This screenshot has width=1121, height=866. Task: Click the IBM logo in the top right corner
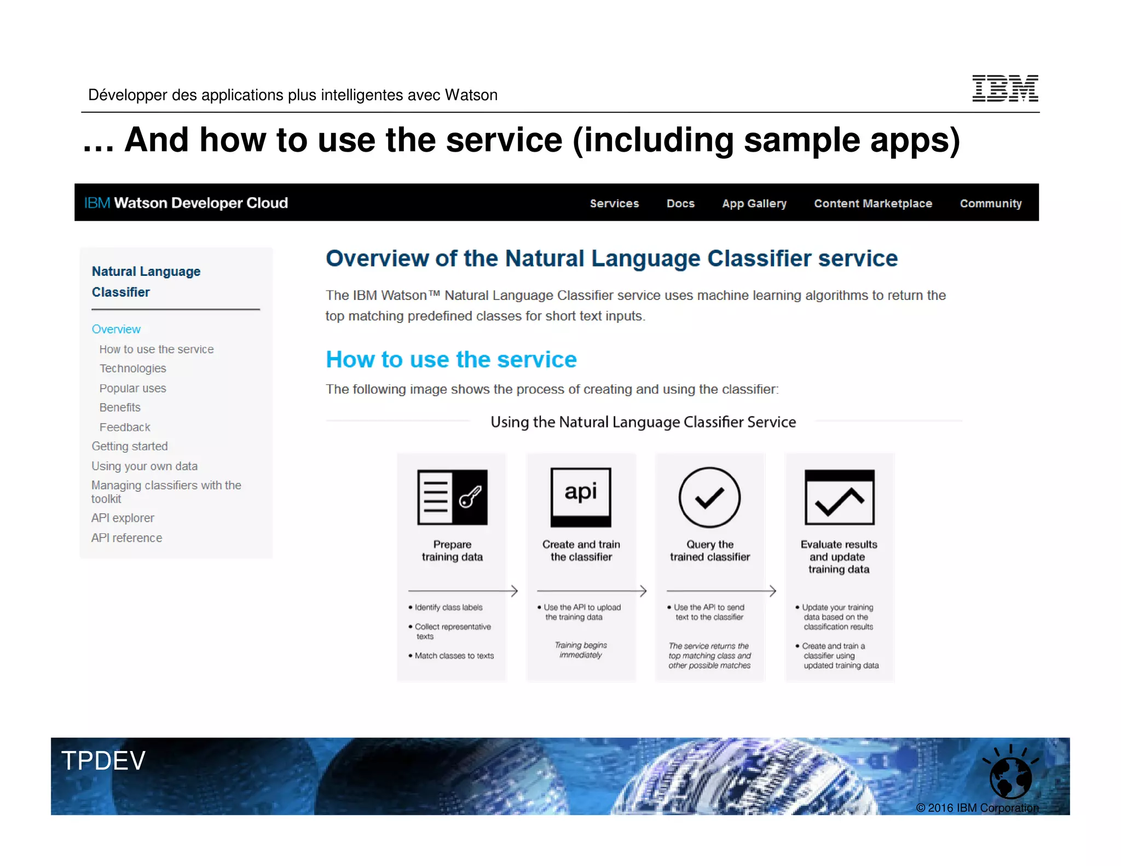pyautogui.click(x=1004, y=88)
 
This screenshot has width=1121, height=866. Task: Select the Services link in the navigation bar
pyautogui.click(x=614, y=204)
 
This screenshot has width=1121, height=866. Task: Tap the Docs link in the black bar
pyautogui.click(x=680, y=204)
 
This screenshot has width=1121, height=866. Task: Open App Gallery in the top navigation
pyautogui.click(x=754, y=204)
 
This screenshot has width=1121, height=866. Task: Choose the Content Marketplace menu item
pyautogui.click(x=872, y=204)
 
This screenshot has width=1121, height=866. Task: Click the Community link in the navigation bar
pyautogui.click(x=990, y=204)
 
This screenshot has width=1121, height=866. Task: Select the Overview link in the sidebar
pyautogui.click(x=116, y=329)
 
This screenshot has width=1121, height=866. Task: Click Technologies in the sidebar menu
pyautogui.click(x=132, y=368)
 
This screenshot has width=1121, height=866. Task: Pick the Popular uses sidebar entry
pyautogui.click(x=132, y=388)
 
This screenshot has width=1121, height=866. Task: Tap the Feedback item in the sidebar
pyautogui.click(x=125, y=427)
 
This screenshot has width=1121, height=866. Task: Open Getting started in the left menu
pyautogui.click(x=130, y=446)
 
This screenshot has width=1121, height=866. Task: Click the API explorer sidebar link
pyautogui.click(x=123, y=518)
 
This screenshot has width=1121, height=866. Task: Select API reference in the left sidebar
pyautogui.click(x=126, y=538)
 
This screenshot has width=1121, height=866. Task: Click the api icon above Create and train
pyautogui.click(x=581, y=497)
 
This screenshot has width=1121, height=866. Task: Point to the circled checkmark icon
pyautogui.click(x=709, y=497)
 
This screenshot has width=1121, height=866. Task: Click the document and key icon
pyautogui.click(x=452, y=497)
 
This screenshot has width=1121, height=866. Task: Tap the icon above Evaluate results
pyautogui.click(x=839, y=497)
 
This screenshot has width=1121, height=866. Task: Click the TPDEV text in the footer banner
pyautogui.click(x=103, y=760)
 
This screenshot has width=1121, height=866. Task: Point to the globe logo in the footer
pyautogui.click(x=1010, y=776)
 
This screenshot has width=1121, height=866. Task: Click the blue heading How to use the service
pyautogui.click(x=451, y=360)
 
